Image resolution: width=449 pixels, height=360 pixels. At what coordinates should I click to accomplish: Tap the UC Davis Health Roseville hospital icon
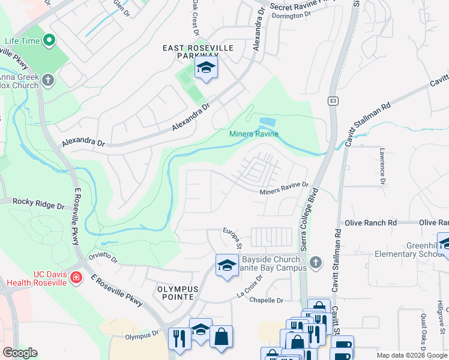(x=76, y=277)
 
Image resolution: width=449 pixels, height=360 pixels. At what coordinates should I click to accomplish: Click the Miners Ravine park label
(x=254, y=134)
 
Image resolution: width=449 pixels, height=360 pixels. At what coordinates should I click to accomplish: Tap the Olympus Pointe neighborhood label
(x=175, y=293)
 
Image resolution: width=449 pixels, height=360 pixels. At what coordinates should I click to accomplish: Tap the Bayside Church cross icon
(x=316, y=262)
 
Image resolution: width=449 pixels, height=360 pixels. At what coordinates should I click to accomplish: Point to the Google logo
(x=20, y=353)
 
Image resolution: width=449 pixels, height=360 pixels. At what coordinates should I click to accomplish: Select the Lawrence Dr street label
(x=382, y=167)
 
